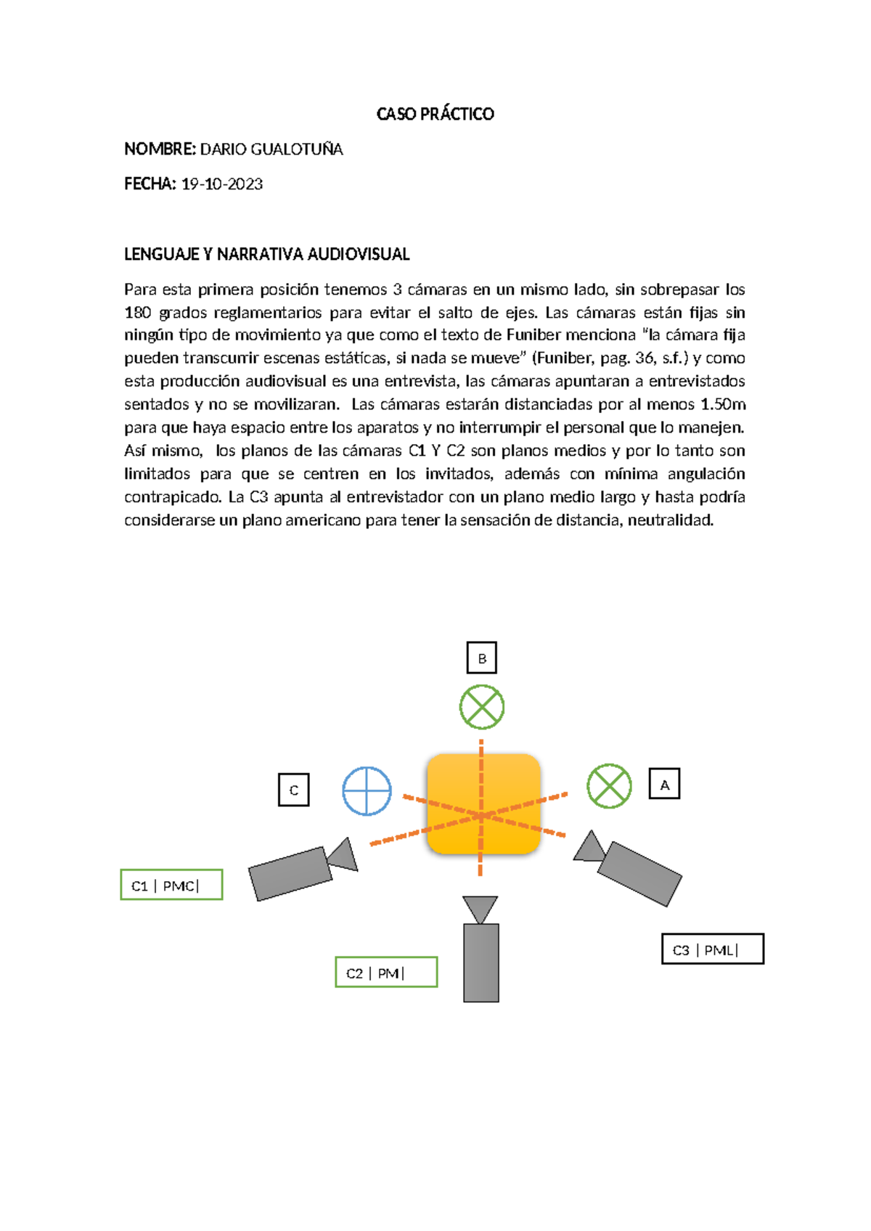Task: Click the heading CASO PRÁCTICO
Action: (435, 114)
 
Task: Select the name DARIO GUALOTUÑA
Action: (271, 150)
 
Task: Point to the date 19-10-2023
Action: (221, 184)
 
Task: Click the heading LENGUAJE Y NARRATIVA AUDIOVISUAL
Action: (266, 254)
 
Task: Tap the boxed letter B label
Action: (482, 658)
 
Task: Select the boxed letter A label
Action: (664, 784)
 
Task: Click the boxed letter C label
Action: (294, 790)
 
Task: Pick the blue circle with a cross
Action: (367, 791)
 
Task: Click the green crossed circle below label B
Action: (482, 707)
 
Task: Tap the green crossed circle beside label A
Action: (609, 786)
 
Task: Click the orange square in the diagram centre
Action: (483, 803)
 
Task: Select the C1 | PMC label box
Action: (171, 885)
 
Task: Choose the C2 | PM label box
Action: (386, 973)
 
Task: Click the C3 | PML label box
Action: (713, 949)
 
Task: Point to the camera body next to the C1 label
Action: (290, 874)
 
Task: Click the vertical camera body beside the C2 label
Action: (481, 962)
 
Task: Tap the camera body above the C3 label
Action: (639, 874)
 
